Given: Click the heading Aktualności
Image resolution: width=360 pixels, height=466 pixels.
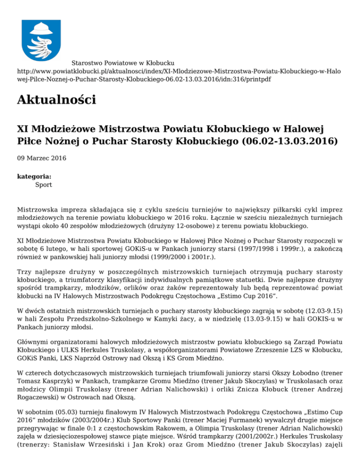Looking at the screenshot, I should (56, 100).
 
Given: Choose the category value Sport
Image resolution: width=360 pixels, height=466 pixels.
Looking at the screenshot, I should (44, 185).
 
